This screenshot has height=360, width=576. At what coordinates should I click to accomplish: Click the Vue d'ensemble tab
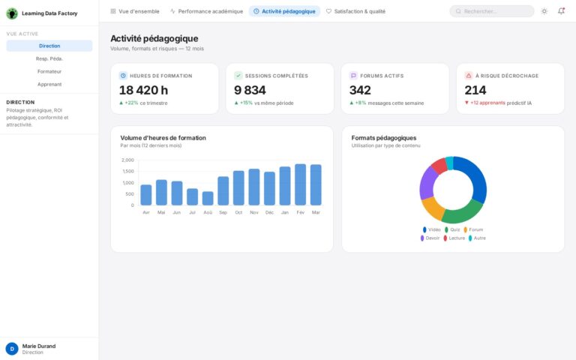135,11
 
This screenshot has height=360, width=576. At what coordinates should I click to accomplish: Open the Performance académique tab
206,11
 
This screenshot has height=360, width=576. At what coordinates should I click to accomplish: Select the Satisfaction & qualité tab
355,11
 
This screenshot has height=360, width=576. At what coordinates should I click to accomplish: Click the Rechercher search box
492,11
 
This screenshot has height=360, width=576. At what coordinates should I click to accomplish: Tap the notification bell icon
561,11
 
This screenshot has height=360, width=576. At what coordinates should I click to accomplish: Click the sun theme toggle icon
544,11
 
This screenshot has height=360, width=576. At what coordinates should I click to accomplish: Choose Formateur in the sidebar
49,71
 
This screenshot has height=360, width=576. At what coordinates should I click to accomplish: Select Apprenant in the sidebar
49,84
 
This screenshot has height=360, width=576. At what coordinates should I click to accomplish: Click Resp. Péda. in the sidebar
49,58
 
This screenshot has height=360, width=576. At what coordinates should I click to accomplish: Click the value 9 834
250,90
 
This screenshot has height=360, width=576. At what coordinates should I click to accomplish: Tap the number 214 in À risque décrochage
475,90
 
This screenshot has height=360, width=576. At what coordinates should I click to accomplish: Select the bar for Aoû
208,198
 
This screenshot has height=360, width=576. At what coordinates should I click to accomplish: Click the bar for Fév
300,184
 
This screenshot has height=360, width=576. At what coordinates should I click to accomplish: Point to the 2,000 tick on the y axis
127,160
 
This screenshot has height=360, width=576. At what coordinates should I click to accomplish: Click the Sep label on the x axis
223,212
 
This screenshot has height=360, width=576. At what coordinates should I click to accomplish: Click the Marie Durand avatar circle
12,349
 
